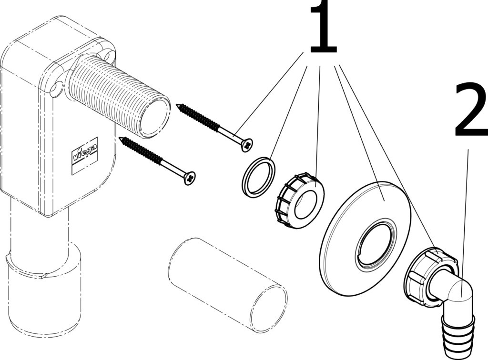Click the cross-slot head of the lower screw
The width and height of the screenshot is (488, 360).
[190, 178]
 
